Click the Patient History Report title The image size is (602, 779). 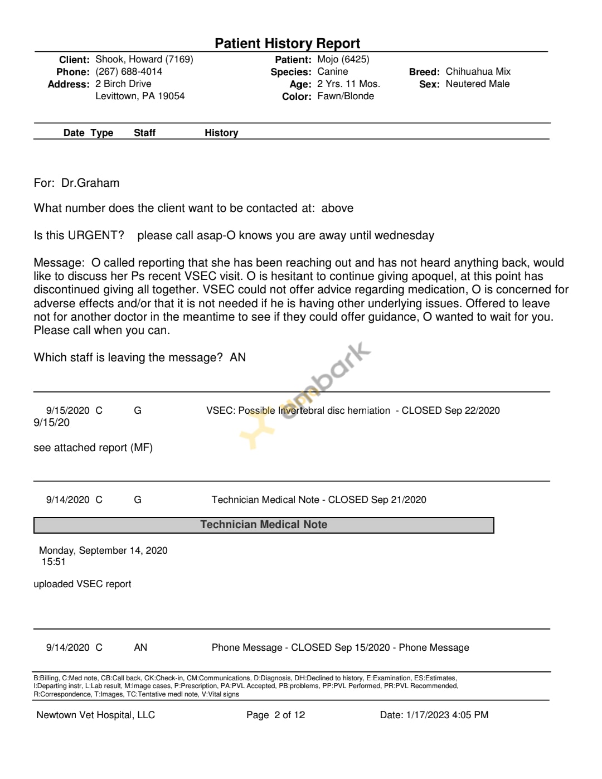(x=287, y=43)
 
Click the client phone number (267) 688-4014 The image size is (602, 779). (x=129, y=71)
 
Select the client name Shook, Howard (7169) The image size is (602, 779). (x=144, y=59)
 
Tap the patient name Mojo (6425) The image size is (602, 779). (x=343, y=59)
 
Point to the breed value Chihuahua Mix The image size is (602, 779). (x=478, y=71)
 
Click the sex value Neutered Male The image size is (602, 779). (x=477, y=84)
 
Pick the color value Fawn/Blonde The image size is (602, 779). (x=346, y=96)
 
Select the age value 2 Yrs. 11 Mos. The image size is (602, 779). (x=348, y=84)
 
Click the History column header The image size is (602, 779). (x=221, y=133)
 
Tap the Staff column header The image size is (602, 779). (x=144, y=133)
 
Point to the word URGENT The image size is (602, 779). (x=95, y=235)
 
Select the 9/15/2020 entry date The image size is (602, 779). (x=67, y=410)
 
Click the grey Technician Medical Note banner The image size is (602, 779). (x=264, y=525)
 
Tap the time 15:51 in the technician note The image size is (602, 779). (x=54, y=562)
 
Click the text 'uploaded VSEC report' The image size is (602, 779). (x=82, y=584)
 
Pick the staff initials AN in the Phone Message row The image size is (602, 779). (x=140, y=647)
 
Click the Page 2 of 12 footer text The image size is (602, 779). (x=275, y=715)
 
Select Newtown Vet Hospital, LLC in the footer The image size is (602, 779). (x=95, y=715)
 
